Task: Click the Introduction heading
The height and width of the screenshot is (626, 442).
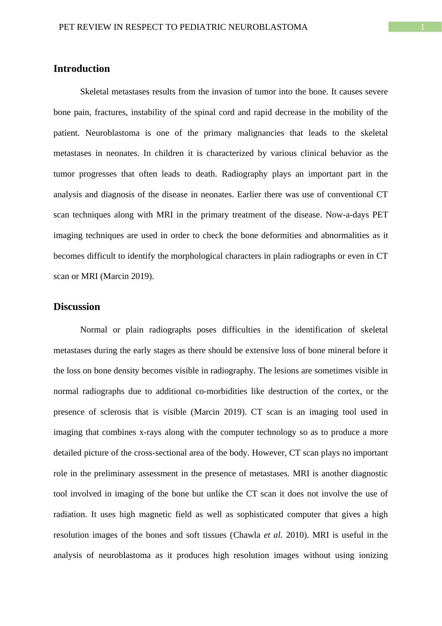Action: tap(81, 69)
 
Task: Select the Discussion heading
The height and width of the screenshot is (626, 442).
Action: tap(77, 307)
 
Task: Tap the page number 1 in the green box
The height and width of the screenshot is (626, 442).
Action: tap(423, 27)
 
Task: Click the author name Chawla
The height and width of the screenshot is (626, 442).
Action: tap(247, 535)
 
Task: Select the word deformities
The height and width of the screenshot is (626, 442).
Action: tap(282, 235)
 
